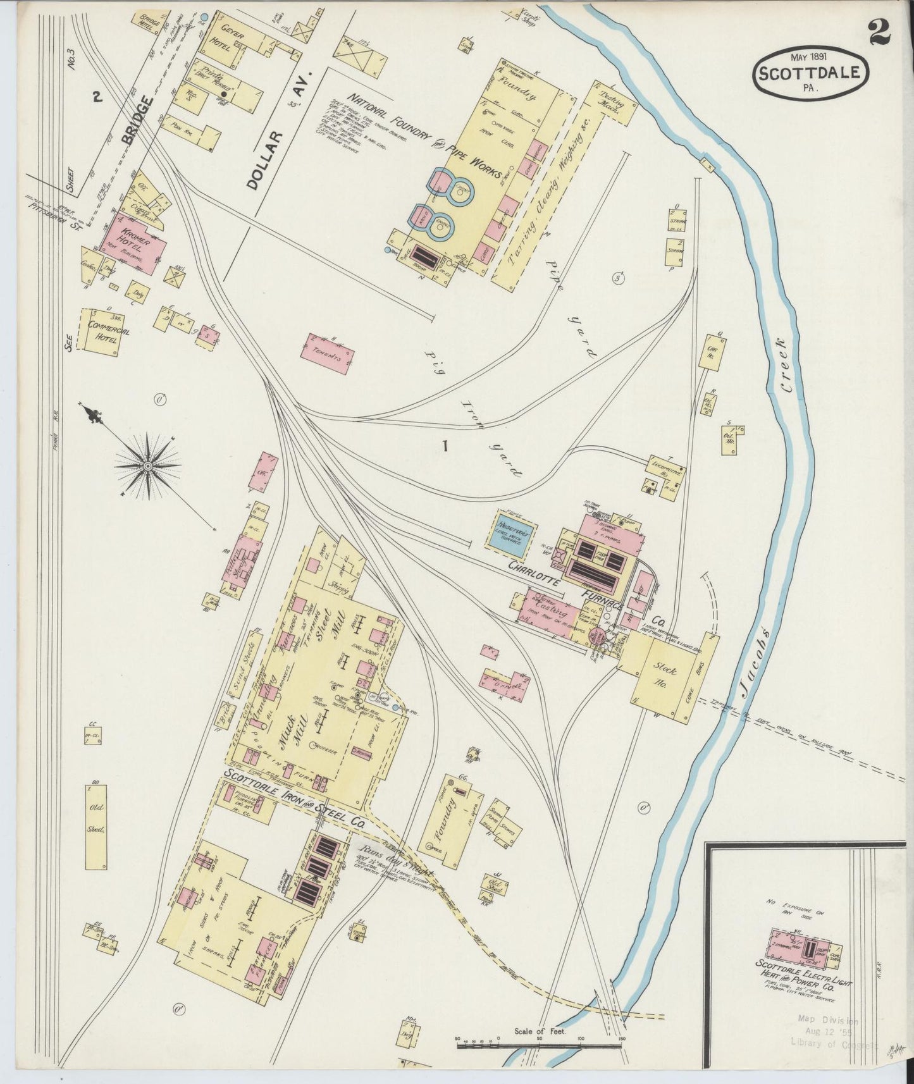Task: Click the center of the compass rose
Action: [147, 466]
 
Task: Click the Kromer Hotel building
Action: [133, 242]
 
